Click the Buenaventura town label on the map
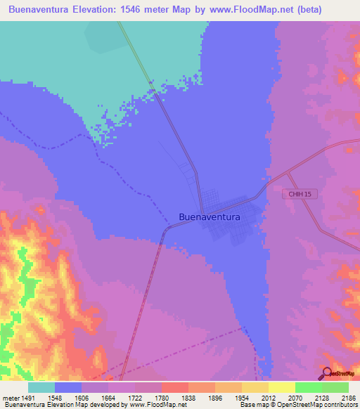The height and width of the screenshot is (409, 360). pos(210,217)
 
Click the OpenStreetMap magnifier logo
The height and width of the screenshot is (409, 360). pos(327,372)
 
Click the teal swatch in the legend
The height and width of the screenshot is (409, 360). pos(41,387)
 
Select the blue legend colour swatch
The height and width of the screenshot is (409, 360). pos(68,387)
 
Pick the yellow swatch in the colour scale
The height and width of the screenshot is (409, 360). pos(282,387)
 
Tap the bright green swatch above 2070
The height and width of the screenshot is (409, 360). pos(309,387)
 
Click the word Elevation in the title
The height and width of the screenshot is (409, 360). pos(100,9)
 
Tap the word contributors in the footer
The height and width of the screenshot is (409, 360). pos(340,404)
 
